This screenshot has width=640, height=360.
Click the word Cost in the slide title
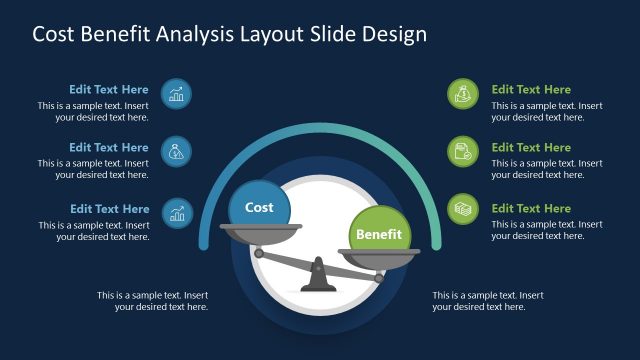point(55,34)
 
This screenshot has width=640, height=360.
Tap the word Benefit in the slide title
point(119,34)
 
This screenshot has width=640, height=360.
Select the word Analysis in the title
point(200,34)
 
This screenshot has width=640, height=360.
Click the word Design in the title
point(394,34)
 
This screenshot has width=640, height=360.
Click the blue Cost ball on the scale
point(259,207)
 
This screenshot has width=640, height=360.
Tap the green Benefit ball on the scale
point(380,234)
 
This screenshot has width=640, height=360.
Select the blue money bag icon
point(176,152)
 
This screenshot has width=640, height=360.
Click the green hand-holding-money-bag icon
point(463,94)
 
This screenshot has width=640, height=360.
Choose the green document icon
point(463,152)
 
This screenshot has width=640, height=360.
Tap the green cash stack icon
point(463,209)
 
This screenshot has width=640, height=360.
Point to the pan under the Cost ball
point(261,231)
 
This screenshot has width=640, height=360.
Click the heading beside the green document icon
point(531,148)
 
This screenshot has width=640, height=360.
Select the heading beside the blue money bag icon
point(109,148)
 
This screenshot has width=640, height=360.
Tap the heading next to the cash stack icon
point(531,209)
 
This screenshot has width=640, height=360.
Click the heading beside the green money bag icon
point(531,90)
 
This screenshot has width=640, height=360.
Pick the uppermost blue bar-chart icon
point(176,94)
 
